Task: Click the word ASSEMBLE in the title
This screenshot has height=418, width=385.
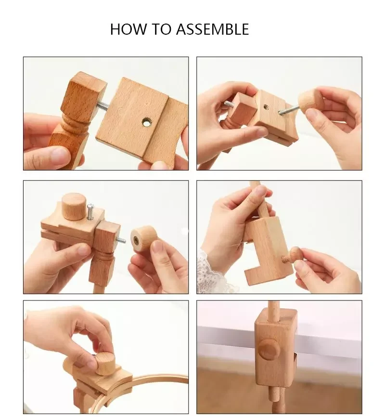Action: (x=212, y=29)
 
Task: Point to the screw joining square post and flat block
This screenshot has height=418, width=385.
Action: (x=103, y=104)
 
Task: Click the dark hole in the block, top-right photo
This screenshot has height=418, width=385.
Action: (x=265, y=107)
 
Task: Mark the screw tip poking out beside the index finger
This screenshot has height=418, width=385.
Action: (x=228, y=104)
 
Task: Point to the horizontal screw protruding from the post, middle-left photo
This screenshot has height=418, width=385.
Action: (x=121, y=239)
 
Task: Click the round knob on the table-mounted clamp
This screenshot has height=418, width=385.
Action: (x=267, y=348)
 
